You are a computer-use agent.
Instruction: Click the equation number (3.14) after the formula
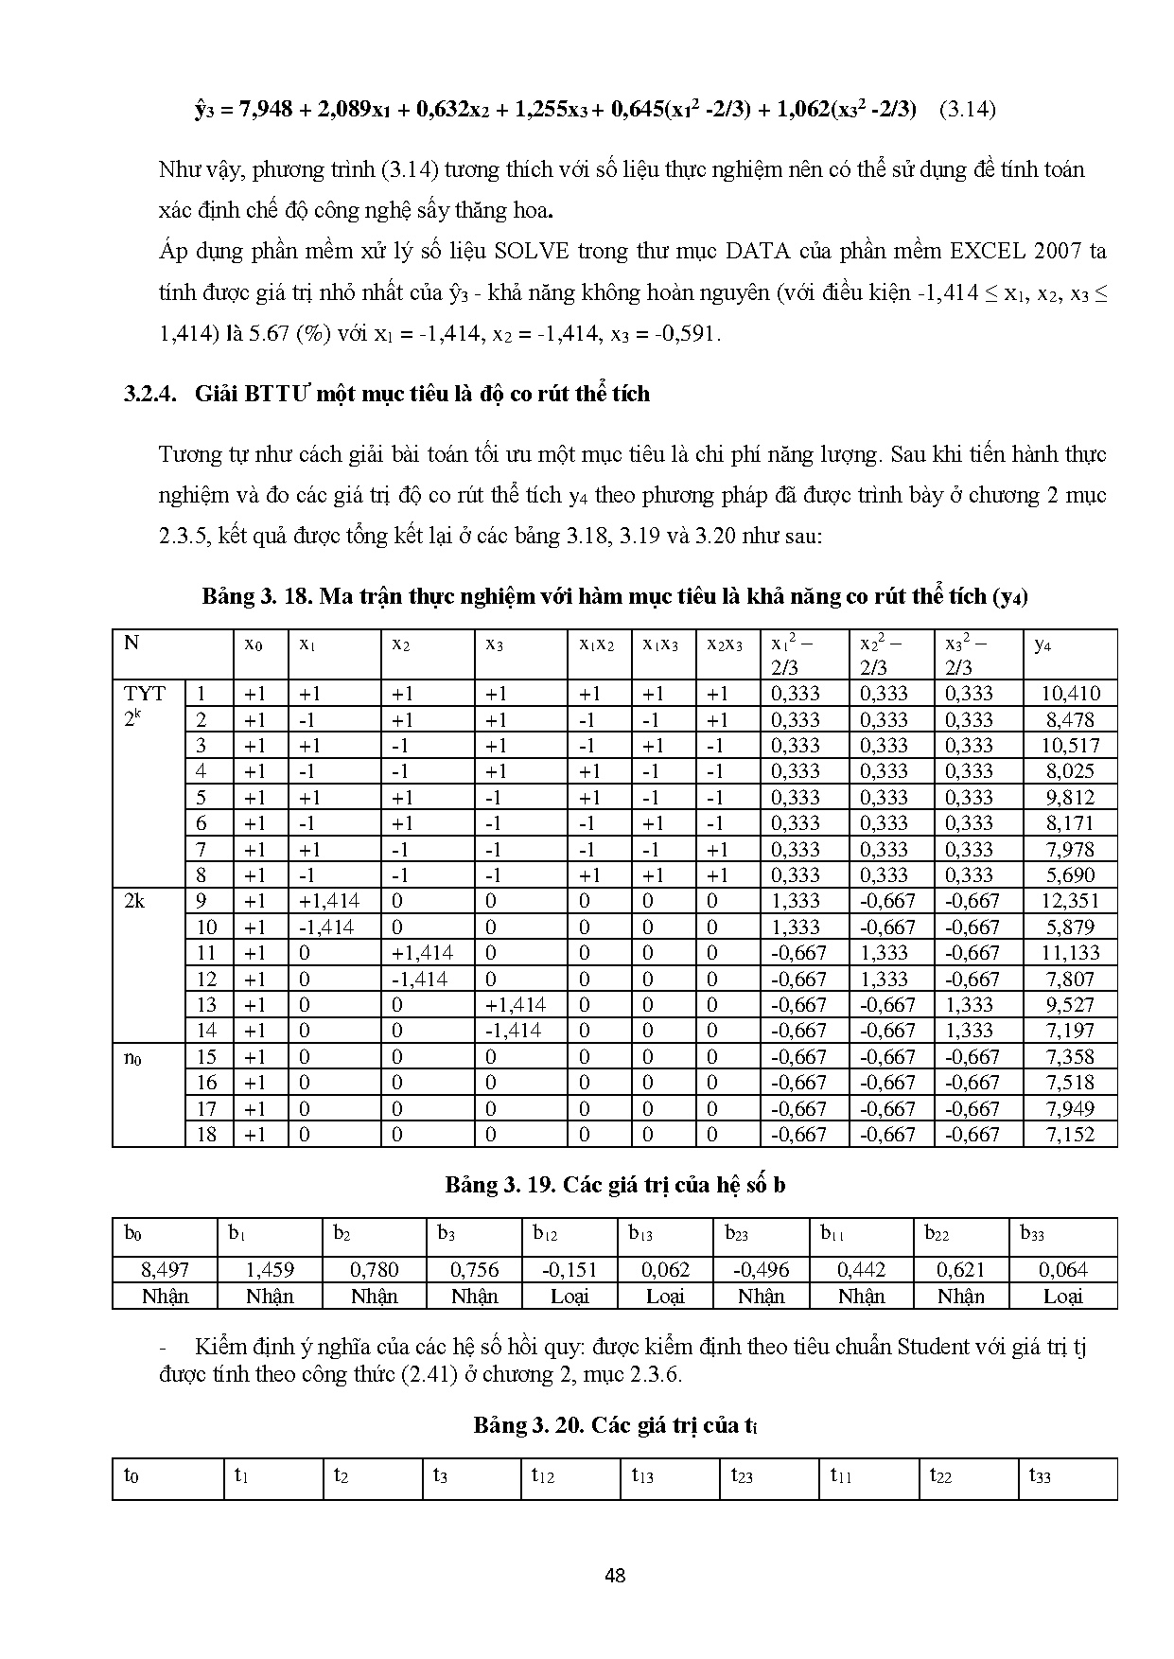pyautogui.click(x=968, y=109)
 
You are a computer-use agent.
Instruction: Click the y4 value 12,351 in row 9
pyautogui.click(x=1071, y=901)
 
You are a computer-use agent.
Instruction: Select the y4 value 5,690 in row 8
pyautogui.click(x=1071, y=875)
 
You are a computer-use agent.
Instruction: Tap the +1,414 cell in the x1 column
pyautogui.click(x=328, y=901)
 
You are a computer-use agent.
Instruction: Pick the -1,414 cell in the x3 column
pyautogui.click(x=512, y=1031)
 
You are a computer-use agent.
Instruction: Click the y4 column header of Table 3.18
pyautogui.click(x=1043, y=644)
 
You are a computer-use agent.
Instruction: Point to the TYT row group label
pyautogui.click(x=145, y=694)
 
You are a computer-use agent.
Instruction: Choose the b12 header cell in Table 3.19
pyautogui.click(x=545, y=1234)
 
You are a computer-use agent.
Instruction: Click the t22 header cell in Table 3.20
pyautogui.click(x=940, y=1475)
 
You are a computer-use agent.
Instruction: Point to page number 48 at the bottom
pyautogui.click(x=615, y=1576)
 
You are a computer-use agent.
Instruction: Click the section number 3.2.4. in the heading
pyautogui.click(x=151, y=394)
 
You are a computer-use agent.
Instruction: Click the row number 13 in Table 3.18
pyautogui.click(x=206, y=1005)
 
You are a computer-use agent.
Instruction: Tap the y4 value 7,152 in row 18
pyautogui.click(x=1071, y=1135)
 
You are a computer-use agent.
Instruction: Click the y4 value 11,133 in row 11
pyautogui.click(x=1071, y=953)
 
